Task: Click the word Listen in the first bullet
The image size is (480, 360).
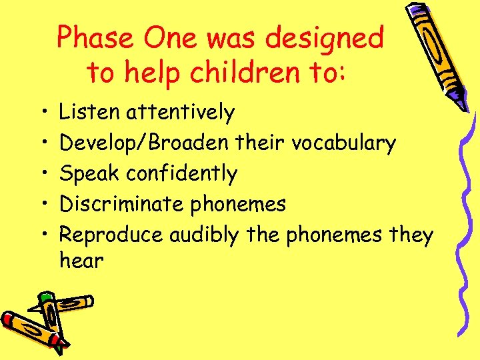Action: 91,113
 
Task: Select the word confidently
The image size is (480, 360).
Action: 182,173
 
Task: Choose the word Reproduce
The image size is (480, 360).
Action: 111,235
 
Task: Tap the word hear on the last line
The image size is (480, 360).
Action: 81,261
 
